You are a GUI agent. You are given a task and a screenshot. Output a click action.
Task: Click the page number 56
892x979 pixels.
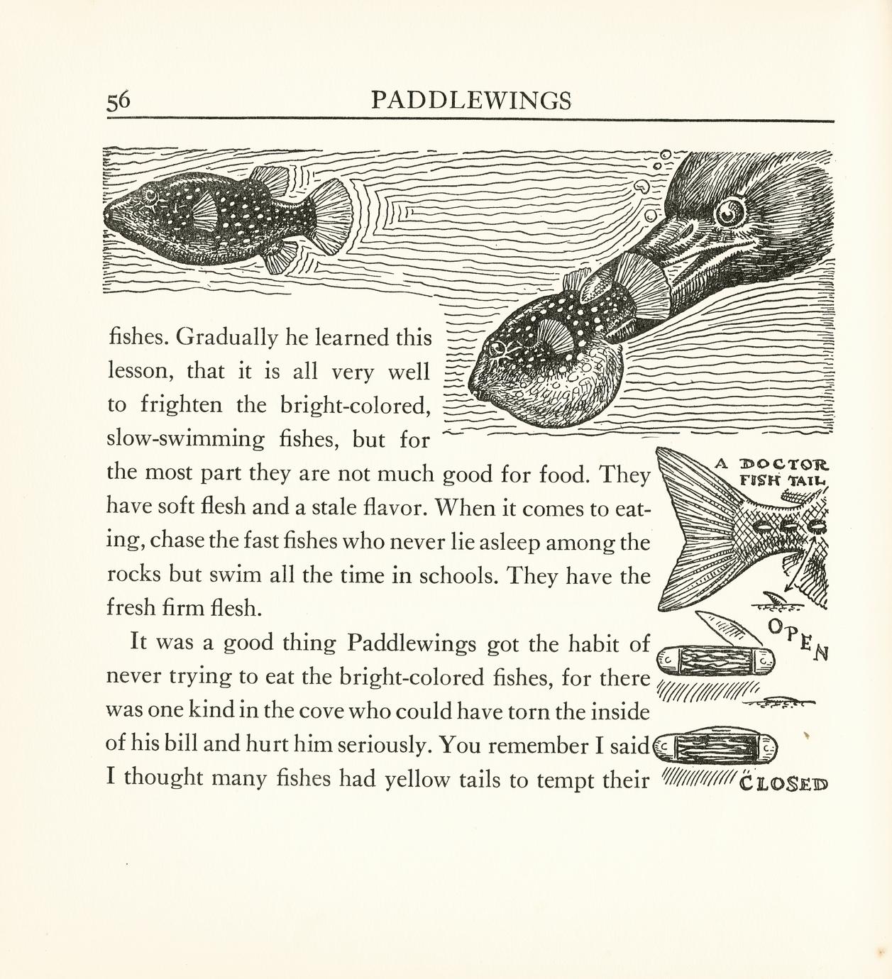click(x=119, y=101)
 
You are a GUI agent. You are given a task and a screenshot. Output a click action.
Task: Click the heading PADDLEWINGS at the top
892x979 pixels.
click(x=470, y=101)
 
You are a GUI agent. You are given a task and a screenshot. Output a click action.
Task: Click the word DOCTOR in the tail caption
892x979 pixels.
click(x=783, y=465)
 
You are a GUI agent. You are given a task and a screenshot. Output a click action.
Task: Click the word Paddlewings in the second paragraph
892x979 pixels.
click(x=412, y=643)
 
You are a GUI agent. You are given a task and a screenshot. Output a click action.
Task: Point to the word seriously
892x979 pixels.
click(x=382, y=745)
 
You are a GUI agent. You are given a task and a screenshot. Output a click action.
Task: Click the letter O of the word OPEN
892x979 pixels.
click(x=776, y=626)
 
